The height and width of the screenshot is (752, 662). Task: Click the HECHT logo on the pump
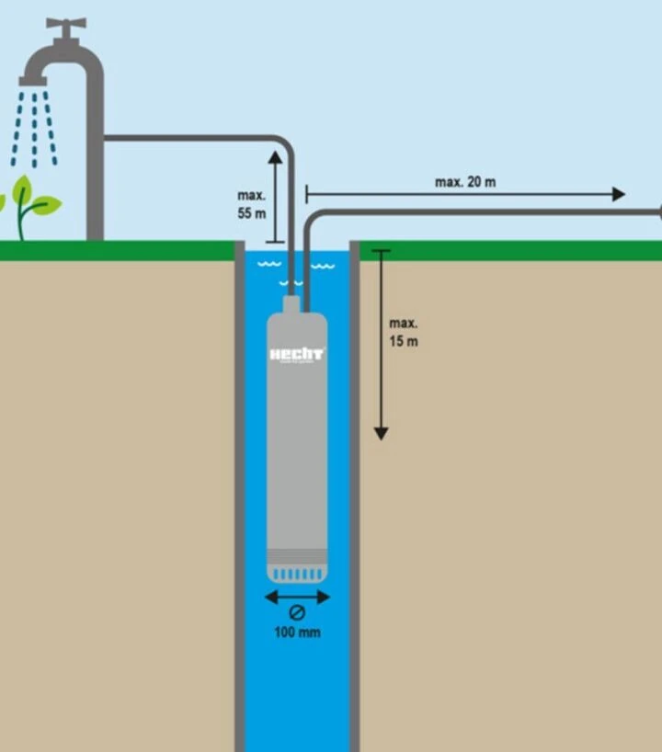tap(296, 354)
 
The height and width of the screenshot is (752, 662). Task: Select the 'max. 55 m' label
tap(251, 204)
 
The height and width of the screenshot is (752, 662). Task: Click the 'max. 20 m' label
tap(464, 182)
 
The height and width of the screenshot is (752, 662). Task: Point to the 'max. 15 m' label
tap(403, 332)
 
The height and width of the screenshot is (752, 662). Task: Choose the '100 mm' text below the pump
tap(297, 632)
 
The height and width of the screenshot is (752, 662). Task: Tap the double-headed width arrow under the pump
tap(297, 597)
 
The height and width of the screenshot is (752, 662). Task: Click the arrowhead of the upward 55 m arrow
tap(275, 158)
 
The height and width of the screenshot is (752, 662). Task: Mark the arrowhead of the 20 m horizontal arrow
tap(618, 194)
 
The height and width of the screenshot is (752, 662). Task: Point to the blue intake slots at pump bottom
tap(297, 574)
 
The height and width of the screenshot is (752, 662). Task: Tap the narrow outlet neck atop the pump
tap(291, 304)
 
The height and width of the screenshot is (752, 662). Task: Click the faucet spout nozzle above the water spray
tap(33, 81)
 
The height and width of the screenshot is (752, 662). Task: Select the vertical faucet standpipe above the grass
tap(95, 184)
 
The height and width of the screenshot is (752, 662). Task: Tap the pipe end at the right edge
tap(657, 212)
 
